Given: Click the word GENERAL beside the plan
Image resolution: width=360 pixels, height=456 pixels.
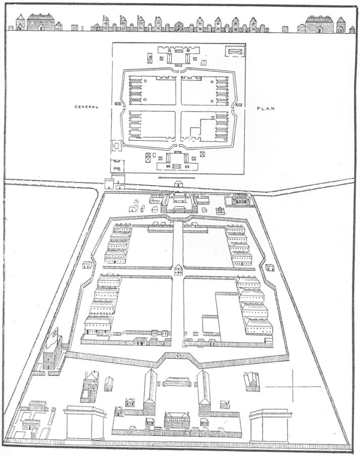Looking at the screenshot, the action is point(87,107).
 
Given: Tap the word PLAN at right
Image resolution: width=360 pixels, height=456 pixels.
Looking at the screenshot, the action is point(266,108).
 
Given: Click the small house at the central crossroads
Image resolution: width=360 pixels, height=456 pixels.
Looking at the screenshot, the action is point(178,269).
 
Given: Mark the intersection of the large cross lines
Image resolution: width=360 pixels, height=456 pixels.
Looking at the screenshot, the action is point(293,386).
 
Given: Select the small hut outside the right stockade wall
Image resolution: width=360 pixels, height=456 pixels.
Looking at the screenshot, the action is point(270,267).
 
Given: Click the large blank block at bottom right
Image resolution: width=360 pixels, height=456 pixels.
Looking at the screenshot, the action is point(270,426).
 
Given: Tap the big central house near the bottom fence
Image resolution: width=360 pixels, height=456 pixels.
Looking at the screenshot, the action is point(176,420).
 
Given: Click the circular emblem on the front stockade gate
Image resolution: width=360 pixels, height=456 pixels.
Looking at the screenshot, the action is point(177,356).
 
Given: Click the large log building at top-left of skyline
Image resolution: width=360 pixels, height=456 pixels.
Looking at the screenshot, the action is point(41,22).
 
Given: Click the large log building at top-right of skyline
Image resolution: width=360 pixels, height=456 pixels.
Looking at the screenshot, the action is point(320,24).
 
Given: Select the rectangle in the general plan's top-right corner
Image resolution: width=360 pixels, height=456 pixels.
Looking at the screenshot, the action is point(235,51).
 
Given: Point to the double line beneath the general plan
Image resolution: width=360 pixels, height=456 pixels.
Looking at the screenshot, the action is point(176,177).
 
